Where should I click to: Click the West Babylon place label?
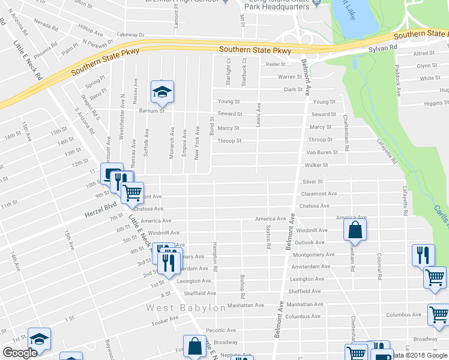187,308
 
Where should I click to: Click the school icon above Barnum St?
162,92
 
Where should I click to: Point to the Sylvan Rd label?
383,47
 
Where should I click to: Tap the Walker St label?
316,164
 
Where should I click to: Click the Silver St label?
313,181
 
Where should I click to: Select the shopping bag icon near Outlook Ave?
355,230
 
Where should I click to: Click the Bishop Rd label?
242,287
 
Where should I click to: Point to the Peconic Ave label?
221,330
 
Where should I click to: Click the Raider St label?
275,64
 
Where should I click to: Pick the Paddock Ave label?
397,82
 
